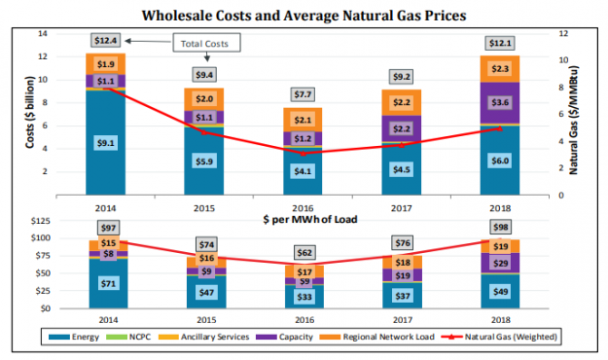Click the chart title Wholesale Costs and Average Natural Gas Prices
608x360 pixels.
(x=304, y=16)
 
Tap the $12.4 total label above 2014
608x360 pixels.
(x=107, y=40)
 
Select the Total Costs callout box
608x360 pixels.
(x=206, y=43)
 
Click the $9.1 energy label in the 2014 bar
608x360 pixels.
(x=107, y=143)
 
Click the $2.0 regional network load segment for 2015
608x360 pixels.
(x=205, y=99)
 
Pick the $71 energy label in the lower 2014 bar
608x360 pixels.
(x=107, y=283)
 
